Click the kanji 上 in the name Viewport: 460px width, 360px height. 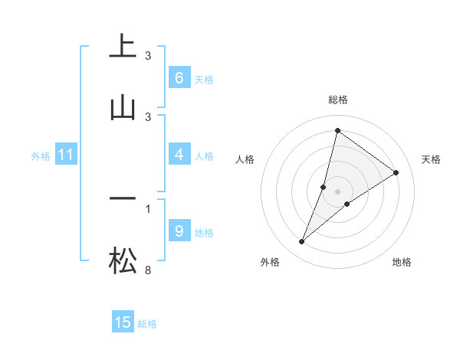pyautogui.click(x=123, y=47)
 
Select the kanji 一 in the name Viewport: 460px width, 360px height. pyautogui.click(x=123, y=198)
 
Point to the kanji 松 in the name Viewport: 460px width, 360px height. pyautogui.click(x=123, y=260)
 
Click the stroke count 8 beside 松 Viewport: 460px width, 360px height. pyautogui.click(x=148, y=270)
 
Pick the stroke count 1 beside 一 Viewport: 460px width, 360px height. pyautogui.click(x=148, y=208)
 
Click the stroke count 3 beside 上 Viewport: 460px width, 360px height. pyautogui.click(x=148, y=56)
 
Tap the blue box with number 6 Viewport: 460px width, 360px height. pyautogui.click(x=179, y=78)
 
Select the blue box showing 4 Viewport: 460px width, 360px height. pyautogui.click(x=179, y=155)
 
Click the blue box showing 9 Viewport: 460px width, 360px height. pyautogui.click(x=179, y=231)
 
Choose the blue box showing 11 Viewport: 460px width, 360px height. pyautogui.click(x=66, y=155)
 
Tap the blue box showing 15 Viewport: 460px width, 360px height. pyautogui.click(x=123, y=323)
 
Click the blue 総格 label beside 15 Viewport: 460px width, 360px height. pyautogui.click(x=147, y=324)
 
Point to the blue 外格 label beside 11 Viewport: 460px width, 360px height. pyautogui.click(x=41, y=156)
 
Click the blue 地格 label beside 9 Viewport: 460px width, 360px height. pyautogui.click(x=204, y=232)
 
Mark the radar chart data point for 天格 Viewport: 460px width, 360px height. pyautogui.click(x=396, y=173)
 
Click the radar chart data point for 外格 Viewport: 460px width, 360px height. pyautogui.click(x=302, y=242)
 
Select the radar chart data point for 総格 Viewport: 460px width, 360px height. pyautogui.click(x=337, y=130)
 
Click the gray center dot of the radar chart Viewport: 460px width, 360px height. pyautogui.click(x=338, y=191)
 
